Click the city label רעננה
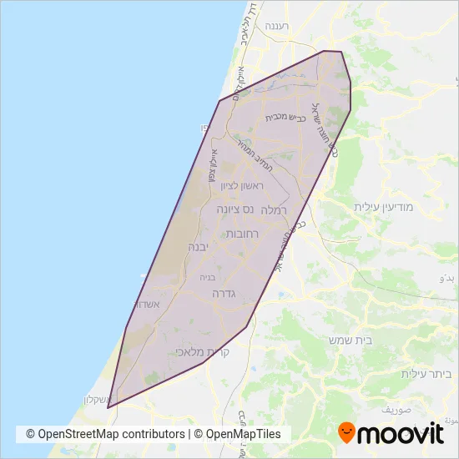pyautogui.click(x=275, y=27)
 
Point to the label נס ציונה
pyautogui.click(x=234, y=209)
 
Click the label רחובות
pyautogui.click(x=244, y=235)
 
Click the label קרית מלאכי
pyautogui.click(x=203, y=352)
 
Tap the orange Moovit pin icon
pyautogui.click(x=346, y=433)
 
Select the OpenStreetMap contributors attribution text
pyautogui.click(x=105, y=434)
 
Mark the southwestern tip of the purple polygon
pyautogui.click(x=108, y=407)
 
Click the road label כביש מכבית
pyautogui.click(x=283, y=118)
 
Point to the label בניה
pyautogui.click(x=208, y=276)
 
